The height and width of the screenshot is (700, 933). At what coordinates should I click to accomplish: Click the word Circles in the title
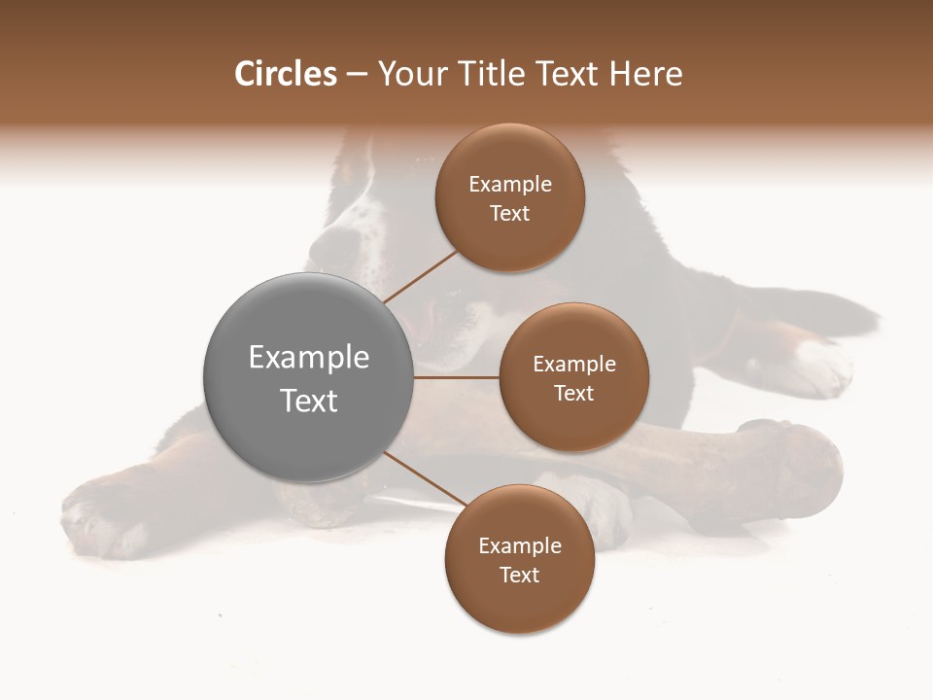(x=286, y=74)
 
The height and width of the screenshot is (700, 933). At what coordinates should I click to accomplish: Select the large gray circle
(x=308, y=377)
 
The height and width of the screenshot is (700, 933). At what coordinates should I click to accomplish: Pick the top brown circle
(x=509, y=198)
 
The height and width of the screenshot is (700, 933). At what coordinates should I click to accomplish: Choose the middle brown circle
(x=573, y=377)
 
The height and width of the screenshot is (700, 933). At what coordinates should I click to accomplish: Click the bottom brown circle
(x=519, y=559)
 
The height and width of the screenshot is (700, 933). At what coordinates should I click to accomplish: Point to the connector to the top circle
(x=420, y=276)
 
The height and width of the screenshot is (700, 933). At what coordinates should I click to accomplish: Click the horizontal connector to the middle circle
(x=456, y=377)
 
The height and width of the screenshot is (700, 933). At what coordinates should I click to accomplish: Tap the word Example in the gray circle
(x=309, y=358)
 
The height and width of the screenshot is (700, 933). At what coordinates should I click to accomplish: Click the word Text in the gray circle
(x=309, y=401)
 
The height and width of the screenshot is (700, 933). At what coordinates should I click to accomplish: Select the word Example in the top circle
(x=510, y=185)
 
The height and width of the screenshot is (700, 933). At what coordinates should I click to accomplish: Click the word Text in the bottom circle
(x=519, y=575)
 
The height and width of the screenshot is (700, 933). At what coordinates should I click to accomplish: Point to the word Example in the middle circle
(x=574, y=365)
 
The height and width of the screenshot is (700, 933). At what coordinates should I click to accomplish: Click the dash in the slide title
(x=357, y=75)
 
